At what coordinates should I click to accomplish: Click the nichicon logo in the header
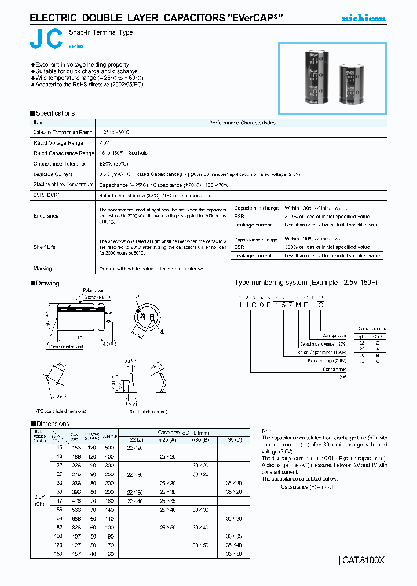[363, 19]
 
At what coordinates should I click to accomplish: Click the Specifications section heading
[55, 113]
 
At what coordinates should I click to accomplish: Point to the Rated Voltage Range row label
[58, 142]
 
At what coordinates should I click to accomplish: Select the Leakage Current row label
[53, 174]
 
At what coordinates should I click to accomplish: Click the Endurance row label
[46, 216]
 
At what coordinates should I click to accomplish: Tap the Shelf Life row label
[45, 247]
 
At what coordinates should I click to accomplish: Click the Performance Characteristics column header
[242, 123]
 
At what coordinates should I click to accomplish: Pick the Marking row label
[43, 269]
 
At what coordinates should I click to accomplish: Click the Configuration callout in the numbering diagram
[334, 336]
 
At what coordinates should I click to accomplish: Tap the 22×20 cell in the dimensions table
[134, 448]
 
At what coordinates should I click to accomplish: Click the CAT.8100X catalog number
[363, 560]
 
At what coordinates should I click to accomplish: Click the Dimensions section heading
[52, 424]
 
